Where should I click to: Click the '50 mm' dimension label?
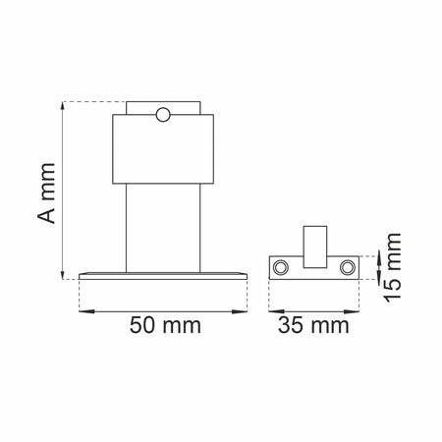[165, 325]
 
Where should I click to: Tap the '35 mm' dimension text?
[313, 325]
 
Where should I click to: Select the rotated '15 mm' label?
[393, 267]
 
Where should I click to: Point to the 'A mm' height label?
[46, 193]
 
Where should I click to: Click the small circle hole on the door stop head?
[163, 115]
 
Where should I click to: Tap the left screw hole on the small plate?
[281, 267]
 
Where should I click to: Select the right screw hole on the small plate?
[348, 267]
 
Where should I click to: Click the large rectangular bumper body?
[163, 149]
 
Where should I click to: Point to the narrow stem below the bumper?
[163, 228]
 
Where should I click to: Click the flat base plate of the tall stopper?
[163, 276]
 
